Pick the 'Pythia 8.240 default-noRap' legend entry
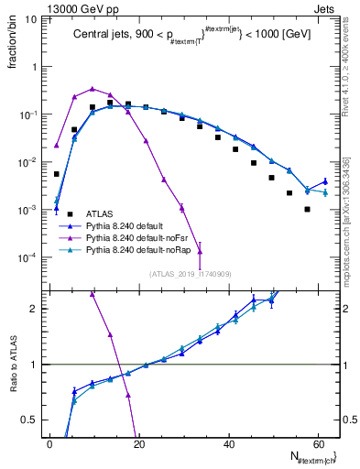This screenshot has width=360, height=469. (x=146, y=249)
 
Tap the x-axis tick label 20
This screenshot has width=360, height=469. (x=138, y=443)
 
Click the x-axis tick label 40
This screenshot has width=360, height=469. (x=227, y=443)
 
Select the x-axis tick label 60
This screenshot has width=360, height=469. (x=316, y=443)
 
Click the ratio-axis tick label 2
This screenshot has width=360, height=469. (x=37, y=309)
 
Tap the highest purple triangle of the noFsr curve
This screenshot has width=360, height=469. (x=93, y=89)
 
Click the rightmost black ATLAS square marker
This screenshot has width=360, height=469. (x=307, y=209)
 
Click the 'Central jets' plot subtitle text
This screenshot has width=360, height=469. (x=101, y=36)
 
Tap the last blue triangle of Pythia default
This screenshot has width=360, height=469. (x=325, y=181)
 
